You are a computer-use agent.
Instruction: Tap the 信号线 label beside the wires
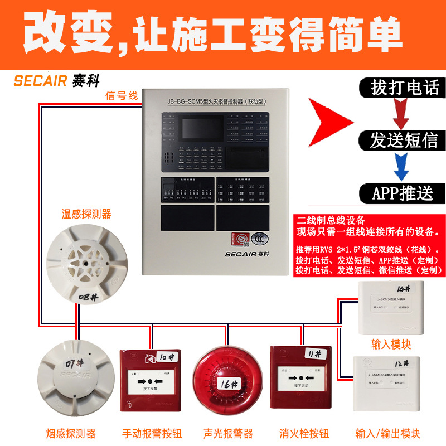(x=121, y=95)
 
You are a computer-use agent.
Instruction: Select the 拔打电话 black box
(x=405, y=87)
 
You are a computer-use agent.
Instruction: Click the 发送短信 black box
(x=404, y=140)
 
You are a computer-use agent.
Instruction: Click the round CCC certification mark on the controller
(x=258, y=237)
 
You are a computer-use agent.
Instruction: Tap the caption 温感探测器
(x=86, y=214)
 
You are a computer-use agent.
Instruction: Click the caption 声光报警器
(x=227, y=433)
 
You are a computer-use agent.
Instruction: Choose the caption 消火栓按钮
(x=304, y=433)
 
